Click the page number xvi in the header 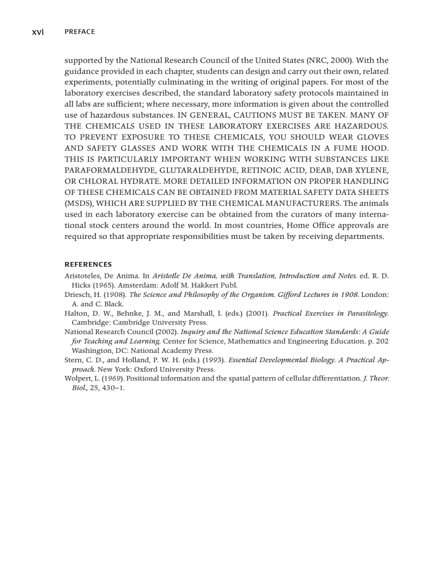(x=38, y=32)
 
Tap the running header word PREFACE (x=80, y=32)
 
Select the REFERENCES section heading (x=88, y=264)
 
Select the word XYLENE (x=371, y=170)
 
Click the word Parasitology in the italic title (x=367, y=313)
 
